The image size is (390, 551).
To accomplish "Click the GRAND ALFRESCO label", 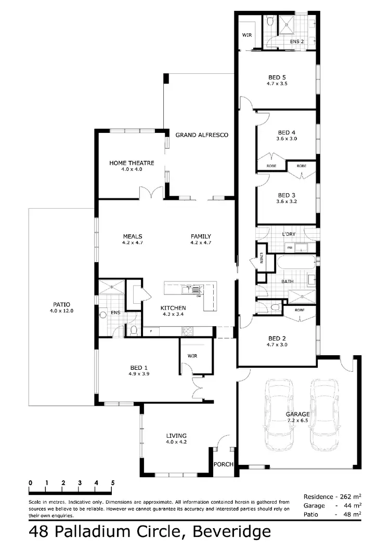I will pos(202,135).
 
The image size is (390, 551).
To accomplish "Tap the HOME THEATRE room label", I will pos(132,163).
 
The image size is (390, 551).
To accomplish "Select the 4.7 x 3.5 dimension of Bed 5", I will pos(277,84).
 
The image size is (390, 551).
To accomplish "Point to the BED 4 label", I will pos(287,132).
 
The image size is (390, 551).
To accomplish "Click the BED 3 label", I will pos(287,195).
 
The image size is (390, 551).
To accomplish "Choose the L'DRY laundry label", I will pos(289,234).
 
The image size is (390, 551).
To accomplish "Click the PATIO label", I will pos(61,305).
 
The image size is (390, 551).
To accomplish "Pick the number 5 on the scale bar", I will pos(112,483).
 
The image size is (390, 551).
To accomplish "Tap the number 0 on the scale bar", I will pos(31,483).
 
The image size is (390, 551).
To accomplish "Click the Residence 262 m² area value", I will pos(351,497).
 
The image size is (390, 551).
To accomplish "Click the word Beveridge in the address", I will pos(232,532).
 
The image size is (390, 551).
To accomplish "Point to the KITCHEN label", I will pos(173,307).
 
